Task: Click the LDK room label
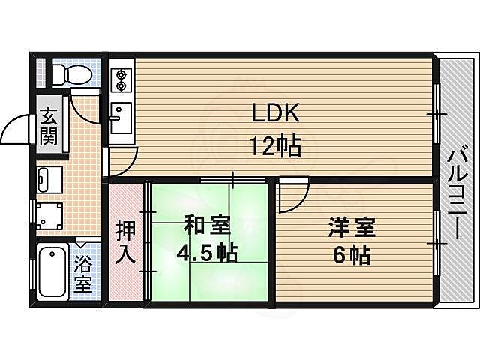275,115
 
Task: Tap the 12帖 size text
275,145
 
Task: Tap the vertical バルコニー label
455,194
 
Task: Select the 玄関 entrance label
49,127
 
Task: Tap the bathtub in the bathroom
52,272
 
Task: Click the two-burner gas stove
121,79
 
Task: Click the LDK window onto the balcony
435,112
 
